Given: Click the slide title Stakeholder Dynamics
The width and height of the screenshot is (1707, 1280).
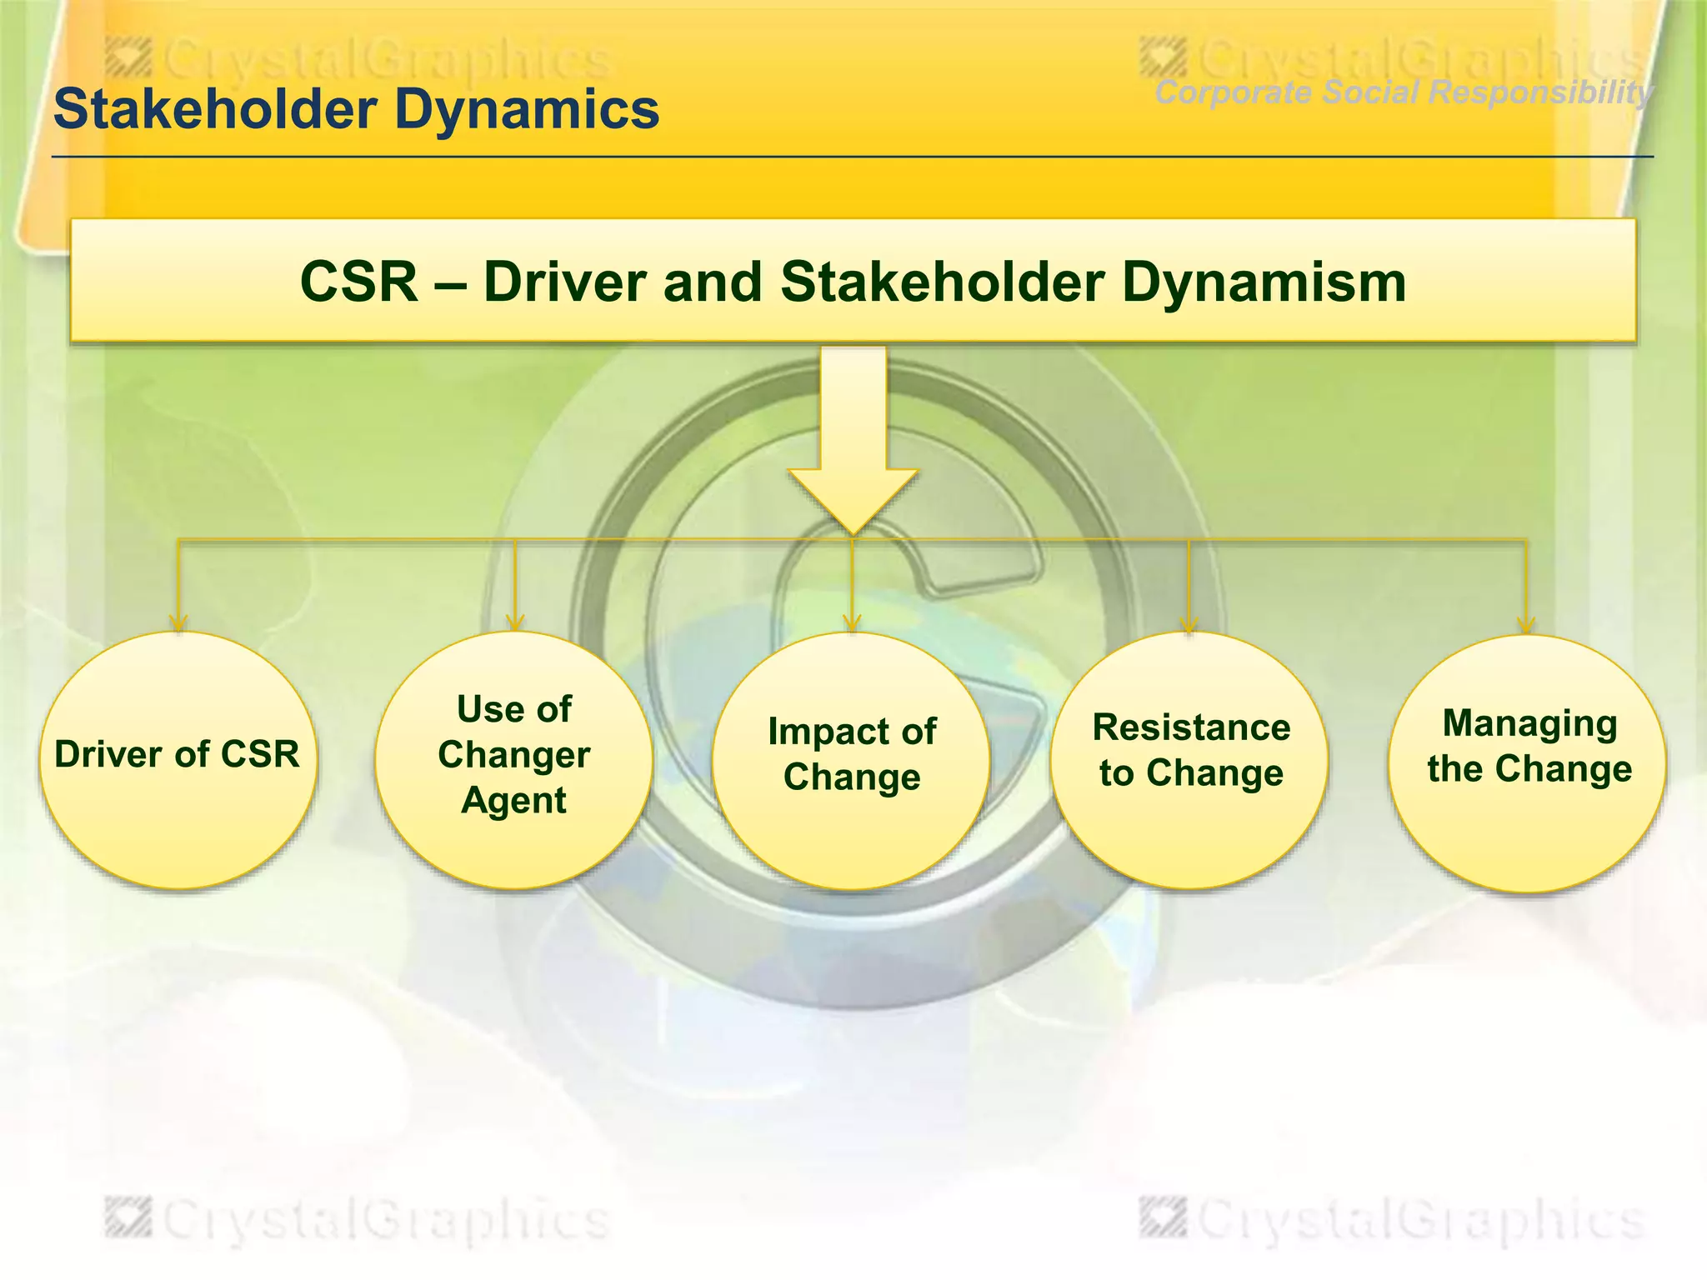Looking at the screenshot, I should [x=356, y=109].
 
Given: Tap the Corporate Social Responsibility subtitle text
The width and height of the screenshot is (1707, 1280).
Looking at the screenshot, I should [x=1403, y=92].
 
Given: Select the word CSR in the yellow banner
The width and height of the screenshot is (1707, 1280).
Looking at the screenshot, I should [x=358, y=282].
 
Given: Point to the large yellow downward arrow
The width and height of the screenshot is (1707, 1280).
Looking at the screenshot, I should [x=853, y=442].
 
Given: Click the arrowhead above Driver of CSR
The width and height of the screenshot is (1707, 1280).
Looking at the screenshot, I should [x=178, y=623].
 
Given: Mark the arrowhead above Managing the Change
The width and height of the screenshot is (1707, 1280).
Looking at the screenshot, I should [x=1526, y=625].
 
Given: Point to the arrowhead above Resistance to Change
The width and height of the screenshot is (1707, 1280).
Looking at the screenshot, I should [x=1189, y=625].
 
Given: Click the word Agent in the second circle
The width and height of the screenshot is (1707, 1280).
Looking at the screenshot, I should [x=513, y=801].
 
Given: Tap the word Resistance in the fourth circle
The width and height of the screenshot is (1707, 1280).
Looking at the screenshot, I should [x=1191, y=727].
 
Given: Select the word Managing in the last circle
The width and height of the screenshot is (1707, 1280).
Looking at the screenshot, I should [x=1529, y=723].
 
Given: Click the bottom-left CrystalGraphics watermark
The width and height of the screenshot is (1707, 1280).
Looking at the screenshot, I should [x=358, y=1221].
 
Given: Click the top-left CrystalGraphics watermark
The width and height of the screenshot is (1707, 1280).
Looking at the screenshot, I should [x=358, y=60].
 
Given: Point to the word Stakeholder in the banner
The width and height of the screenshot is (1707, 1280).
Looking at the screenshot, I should [x=942, y=282].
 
